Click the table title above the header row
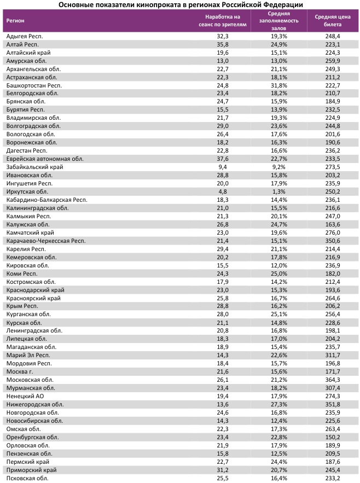(180, 4)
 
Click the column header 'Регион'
(15, 21)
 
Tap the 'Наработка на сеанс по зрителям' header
(223, 21)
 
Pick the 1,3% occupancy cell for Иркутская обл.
(278, 192)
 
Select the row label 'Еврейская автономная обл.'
(45, 159)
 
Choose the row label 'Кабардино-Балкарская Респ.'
(47, 200)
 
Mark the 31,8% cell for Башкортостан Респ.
(278, 86)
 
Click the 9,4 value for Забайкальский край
(223, 167)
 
